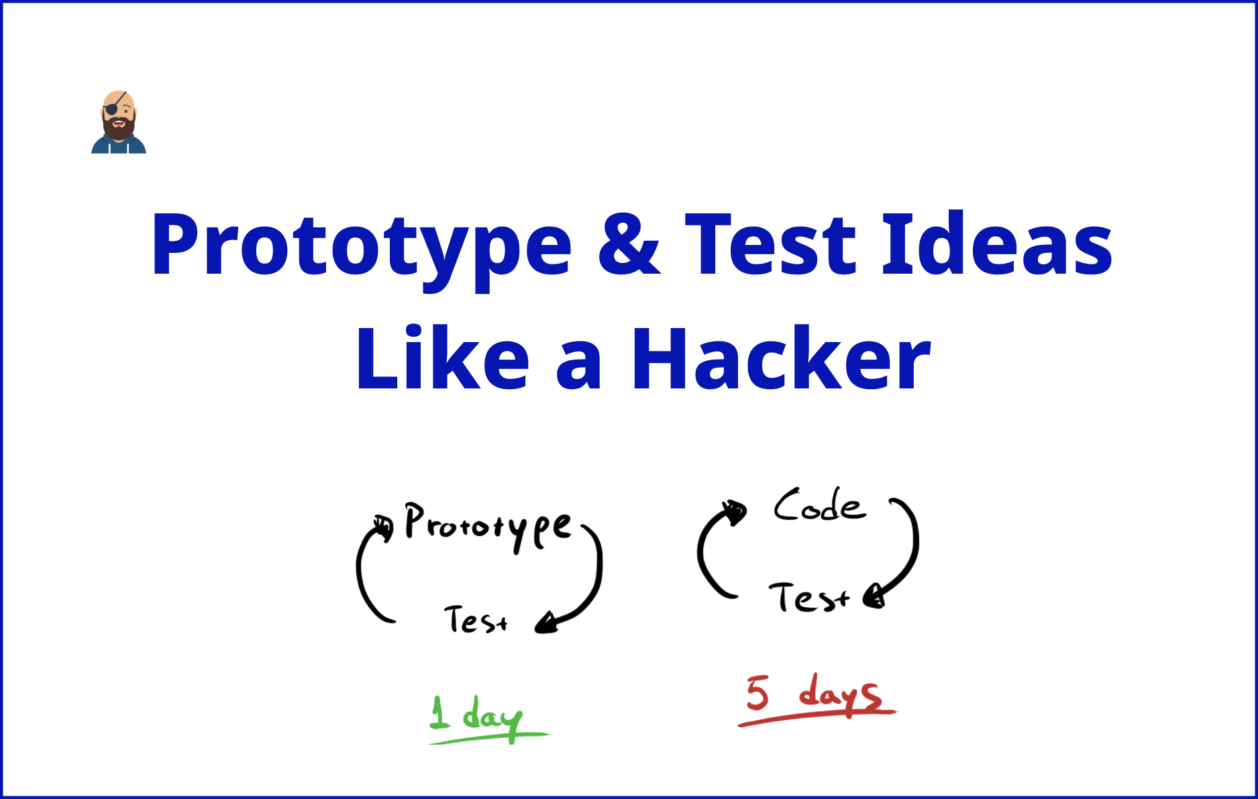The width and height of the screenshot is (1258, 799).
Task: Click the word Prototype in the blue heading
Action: (x=361, y=245)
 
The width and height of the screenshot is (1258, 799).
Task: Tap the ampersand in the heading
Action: (x=629, y=245)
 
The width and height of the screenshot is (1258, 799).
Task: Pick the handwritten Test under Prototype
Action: (x=476, y=619)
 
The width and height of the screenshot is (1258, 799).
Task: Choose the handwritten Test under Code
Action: (x=808, y=597)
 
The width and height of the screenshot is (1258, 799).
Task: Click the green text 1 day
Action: (x=476, y=715)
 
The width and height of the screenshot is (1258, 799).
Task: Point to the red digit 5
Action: (x=757, y=693)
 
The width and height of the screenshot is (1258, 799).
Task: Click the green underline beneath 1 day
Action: (x=490, y=739)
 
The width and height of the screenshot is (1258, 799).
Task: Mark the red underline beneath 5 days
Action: (x=817, y=717)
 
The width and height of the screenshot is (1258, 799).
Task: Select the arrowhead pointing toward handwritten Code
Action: (x=734, y=512)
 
